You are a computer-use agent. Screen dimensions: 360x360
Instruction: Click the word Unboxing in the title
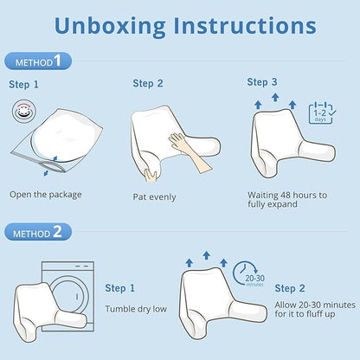[110, 27]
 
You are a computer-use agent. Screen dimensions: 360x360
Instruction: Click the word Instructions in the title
[245, 25]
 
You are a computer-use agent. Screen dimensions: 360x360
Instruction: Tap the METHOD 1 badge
[38, 61]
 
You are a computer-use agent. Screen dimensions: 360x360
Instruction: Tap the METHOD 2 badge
[38, 232]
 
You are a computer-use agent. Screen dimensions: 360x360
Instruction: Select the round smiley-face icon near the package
[24, 111]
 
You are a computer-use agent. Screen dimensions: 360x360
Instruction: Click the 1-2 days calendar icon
[322, 112]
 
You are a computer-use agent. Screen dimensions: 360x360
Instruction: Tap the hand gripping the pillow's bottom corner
[151, 176]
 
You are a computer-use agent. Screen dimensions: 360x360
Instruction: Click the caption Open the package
[46, 195]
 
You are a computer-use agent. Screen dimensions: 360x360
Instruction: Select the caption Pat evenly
[154, 197]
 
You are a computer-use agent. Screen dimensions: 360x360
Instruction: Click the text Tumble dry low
[136, 309]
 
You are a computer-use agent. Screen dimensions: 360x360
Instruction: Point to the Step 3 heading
[262, 82]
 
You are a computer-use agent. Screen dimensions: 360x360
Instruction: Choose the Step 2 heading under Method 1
[148, 84]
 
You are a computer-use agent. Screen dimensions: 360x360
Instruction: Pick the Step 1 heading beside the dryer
[119, 288]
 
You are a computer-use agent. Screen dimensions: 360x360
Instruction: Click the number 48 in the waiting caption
[286, 196]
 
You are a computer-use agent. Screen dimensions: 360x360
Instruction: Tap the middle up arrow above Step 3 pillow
[275, 97]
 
